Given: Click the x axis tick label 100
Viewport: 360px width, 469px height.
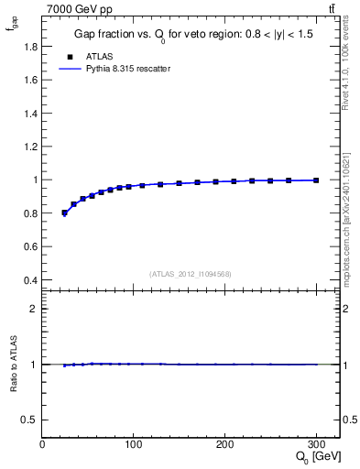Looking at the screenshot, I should tap(134, 445).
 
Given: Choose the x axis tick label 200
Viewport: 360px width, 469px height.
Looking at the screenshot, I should tap(225, 445).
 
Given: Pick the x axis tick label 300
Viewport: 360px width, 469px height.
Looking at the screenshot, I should tap(316, 445).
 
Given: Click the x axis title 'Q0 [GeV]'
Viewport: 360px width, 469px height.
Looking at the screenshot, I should tap(315, 459).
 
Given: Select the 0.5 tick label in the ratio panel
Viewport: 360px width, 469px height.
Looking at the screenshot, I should tap(30, 420).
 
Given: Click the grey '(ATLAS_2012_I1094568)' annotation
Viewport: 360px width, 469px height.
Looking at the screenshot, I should tap(191, 274).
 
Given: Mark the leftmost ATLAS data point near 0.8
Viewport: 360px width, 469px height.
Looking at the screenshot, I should tap(64, 213).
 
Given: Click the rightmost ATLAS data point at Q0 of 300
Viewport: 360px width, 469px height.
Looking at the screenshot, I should tap(316, 180).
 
